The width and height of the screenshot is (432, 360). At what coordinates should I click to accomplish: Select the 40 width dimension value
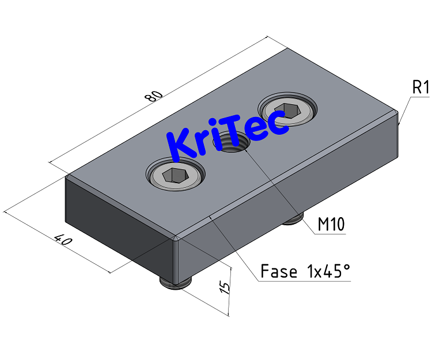[62, 240]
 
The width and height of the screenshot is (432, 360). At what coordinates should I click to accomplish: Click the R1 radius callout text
[421, 88]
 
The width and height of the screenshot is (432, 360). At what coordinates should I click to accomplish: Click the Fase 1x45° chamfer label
[305, 271]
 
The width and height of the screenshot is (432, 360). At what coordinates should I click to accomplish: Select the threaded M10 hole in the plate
[233, 142]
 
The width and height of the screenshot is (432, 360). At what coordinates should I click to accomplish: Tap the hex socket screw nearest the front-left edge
[176, 175]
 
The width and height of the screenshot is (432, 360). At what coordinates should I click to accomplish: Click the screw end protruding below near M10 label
[293, 218]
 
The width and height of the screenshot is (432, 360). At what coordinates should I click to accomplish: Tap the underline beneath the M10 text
[331, 234]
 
